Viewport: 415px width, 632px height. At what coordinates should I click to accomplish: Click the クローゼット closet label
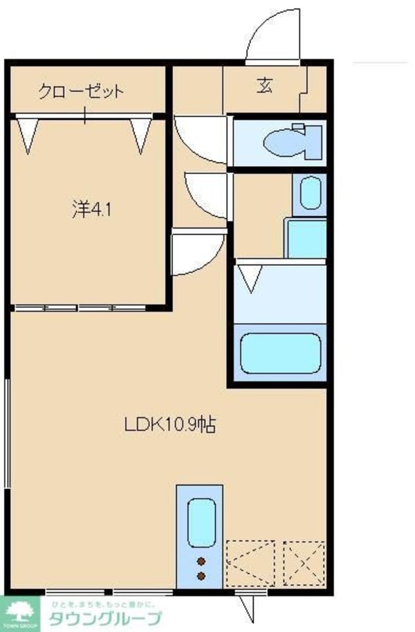click(x=82, y=91)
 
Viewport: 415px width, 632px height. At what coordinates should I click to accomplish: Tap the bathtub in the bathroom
click(x=279, y=353)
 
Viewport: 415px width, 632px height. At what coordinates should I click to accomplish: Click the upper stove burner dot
click(x=201, y=561)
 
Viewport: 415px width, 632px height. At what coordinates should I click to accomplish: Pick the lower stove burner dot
click(x=201, y=575)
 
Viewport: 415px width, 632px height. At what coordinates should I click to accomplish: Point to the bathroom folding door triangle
click(x=250, y=278)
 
